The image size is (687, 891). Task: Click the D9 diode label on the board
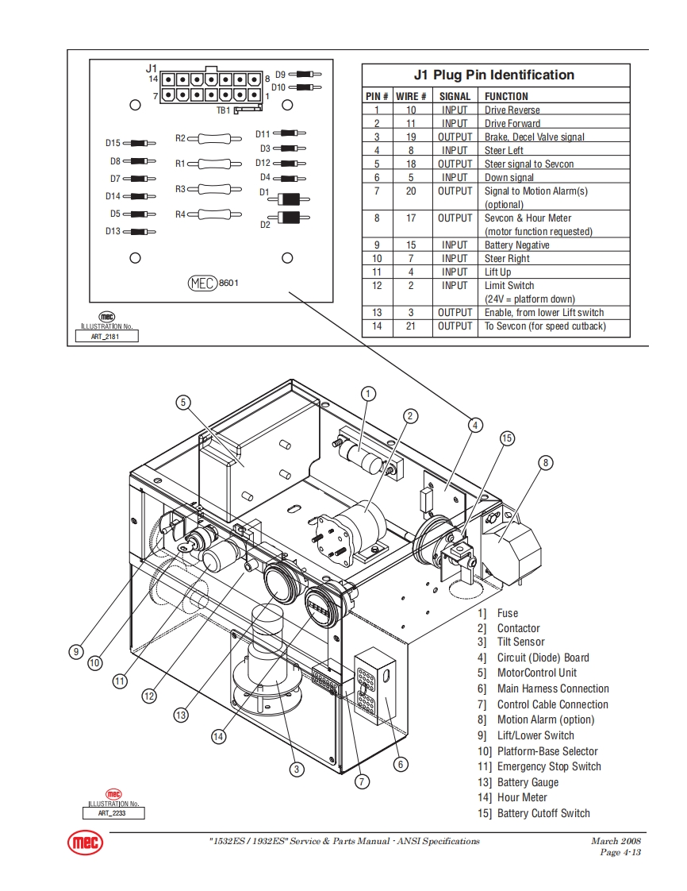[280, 74]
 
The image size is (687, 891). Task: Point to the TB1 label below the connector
[223, 110]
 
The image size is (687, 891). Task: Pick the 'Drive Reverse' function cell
[512, 110]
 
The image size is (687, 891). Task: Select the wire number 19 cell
[411, 137]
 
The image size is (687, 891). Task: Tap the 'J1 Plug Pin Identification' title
[493, 75]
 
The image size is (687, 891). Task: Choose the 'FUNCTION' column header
[506, 96]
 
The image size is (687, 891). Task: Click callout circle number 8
[545, 462]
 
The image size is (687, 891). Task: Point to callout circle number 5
[183, 403]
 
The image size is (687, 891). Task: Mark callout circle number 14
[218, 736]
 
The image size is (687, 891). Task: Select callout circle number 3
[296, 769]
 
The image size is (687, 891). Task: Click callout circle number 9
[75, 651]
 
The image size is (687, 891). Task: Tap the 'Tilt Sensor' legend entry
[520, 642]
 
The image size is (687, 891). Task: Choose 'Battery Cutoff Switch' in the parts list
[543, 813]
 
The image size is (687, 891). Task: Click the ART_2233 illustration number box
[113, 812]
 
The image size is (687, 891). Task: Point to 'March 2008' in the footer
[616, 841]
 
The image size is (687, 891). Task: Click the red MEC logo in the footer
[84, 843]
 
